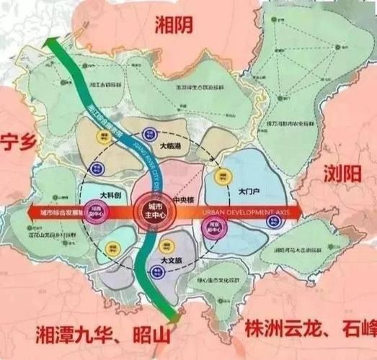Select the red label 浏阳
345,174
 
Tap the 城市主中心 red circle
150,212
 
